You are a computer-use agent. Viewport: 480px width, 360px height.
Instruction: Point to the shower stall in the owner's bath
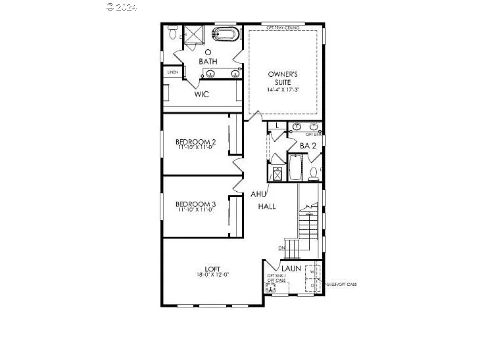pyautogui.click(x=193, y=35)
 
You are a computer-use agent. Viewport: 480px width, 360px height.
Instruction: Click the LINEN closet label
pyautogui.click(x=172, y=72)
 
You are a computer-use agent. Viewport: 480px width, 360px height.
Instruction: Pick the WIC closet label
pyautogui.click(x=201, y=94)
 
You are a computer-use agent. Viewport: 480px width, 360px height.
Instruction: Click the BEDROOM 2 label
pyautogui.click(x=195, y=141)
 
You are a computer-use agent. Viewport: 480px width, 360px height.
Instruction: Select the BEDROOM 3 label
pyautogui.click(x=195, y=204)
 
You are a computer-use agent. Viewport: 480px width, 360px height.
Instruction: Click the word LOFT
pyautogui.click(x=212, y=268)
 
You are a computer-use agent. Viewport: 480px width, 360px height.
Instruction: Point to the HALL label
pyautogui.click(x=266, y=206)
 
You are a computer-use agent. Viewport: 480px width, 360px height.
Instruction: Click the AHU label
pyautogui.click(x=257, y=194)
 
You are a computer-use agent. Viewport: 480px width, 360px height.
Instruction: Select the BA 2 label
pyautogui.click(x=308, y=145)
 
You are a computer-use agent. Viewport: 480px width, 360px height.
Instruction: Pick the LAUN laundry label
pyautogui.click(x=291, y=268)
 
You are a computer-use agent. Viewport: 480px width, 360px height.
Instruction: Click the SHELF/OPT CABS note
pyautogui.click(x=341, y=284)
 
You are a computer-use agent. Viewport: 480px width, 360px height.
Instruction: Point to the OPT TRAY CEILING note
pyautogui.click(x=283, y=28)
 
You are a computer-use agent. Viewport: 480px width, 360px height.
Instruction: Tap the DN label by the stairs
pyautogui.click(x=281, y=248)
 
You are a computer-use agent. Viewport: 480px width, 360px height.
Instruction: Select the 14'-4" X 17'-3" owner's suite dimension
pyautogui.click(x=283, y=89)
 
